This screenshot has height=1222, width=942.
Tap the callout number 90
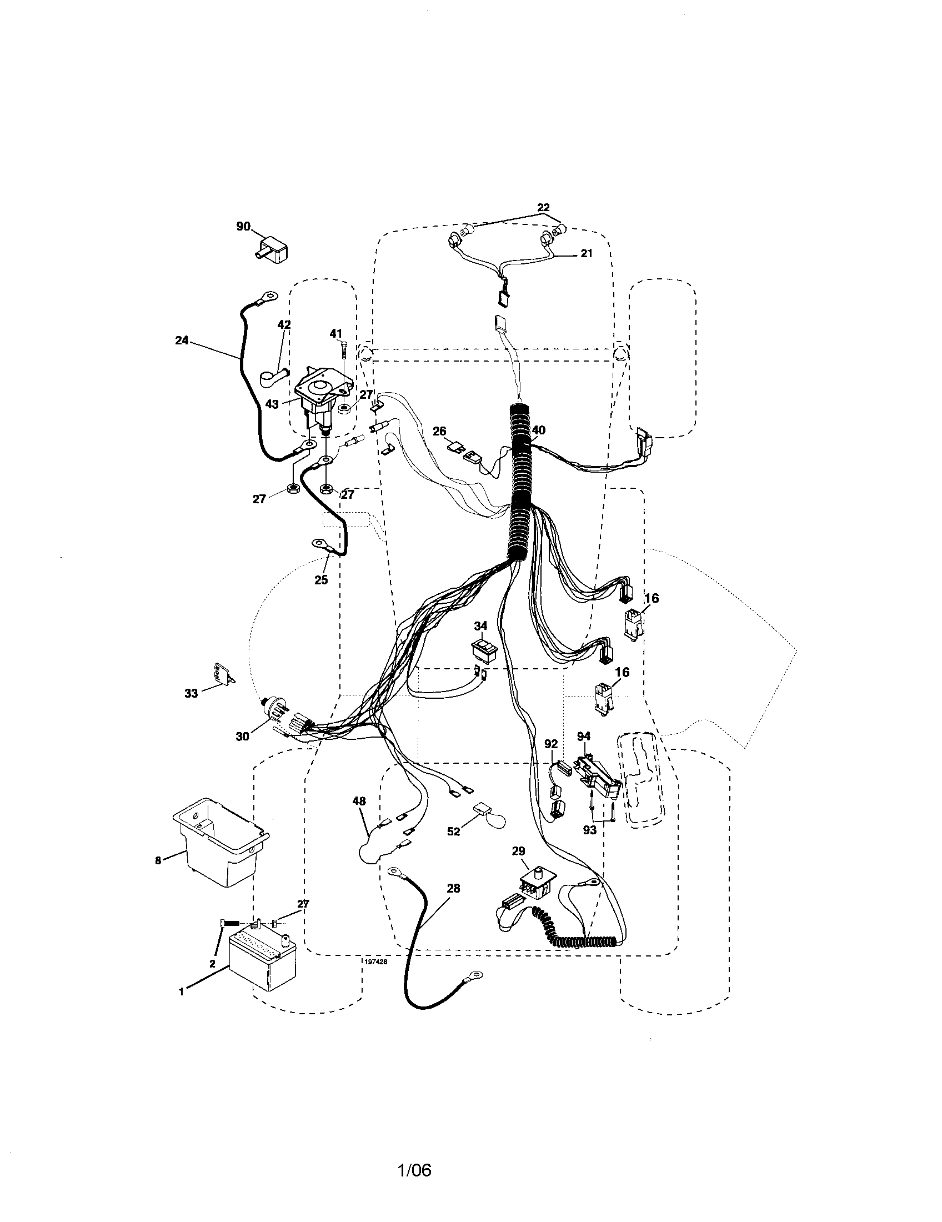point(243,227)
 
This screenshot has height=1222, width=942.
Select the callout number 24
point(182,339)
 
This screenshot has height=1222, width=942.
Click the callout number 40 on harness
point(538,430)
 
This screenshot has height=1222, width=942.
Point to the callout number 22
point(543,208)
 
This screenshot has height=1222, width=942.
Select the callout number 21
point(586,253)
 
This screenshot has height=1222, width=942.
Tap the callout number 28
point(454,888)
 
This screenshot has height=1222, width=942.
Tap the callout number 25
point(321,580)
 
